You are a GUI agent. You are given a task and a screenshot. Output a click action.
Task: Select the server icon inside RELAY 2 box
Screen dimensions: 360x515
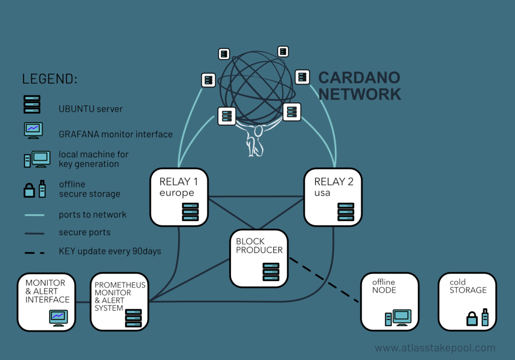(x=346, y=212)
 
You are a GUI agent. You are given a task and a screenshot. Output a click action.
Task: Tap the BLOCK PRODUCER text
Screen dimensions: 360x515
(x=259, y=245)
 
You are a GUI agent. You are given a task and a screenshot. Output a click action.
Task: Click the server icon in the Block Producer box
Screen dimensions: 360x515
(x=271, y=272)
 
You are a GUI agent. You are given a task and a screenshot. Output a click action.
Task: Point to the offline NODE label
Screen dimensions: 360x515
(x=384, y=286)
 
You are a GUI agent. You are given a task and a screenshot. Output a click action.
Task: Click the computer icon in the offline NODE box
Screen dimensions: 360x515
(x=398, y=317)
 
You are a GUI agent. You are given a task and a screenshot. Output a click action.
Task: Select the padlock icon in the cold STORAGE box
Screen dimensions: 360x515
(x=471, y=318)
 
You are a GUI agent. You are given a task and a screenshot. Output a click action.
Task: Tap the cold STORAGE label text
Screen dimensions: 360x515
(x=468, y=286)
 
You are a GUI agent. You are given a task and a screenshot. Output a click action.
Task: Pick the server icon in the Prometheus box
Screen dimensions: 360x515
(x=133, y=318)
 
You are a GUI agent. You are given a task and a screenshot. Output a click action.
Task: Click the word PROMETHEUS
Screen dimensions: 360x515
(x=120, y=285)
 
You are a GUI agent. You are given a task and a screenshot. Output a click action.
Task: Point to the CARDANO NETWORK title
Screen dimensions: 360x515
(x=359, y=85)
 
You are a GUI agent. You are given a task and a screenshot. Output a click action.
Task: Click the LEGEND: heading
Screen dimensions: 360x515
(x=50, y=79)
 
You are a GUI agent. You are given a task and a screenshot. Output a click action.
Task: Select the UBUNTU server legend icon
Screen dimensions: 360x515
(x=33, y=105)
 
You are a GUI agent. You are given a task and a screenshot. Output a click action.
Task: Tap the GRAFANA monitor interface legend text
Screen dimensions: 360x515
(x=116, y=134)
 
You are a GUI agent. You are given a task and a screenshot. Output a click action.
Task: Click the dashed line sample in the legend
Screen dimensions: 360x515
(x=34, y=251)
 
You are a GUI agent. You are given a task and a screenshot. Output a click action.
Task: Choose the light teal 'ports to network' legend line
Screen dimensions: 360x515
(x=34, y=215)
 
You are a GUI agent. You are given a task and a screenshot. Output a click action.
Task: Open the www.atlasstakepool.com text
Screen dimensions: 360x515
(x=435, y=348)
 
